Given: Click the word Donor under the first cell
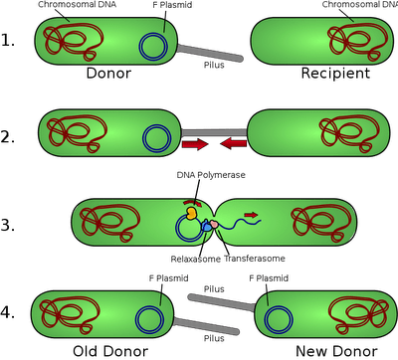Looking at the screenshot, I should click(108, 74).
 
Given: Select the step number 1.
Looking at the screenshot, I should click(11, 42).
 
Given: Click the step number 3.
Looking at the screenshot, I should click(11, 225).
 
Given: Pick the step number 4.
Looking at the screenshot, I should click(11, 315).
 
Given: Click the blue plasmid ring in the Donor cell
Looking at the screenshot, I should click(152, 46).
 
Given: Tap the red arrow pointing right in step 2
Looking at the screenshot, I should click(195, 146).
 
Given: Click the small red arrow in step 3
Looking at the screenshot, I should click(250, 212).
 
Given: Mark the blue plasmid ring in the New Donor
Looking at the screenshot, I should click(277, 317).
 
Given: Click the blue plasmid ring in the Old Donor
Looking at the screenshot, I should click(149, 318).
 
